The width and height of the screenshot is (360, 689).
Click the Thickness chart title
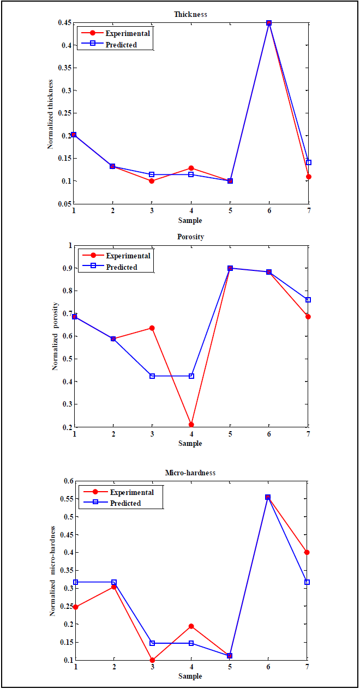click(x=190, y=14)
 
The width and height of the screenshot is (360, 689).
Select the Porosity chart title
click(x=190, y=237)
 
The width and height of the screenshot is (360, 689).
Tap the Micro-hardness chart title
click(x=190, y=473)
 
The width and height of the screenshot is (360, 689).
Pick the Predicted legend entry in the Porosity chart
click(x=122, y=267)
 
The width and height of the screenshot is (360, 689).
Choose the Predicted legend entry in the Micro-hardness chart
click(x=125, y=503)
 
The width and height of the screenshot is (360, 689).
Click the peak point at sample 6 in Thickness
click(x=269, y=23)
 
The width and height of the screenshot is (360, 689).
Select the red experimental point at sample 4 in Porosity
click(x=191, y=425)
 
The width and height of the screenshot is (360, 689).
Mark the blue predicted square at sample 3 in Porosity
click(x=152, y=376)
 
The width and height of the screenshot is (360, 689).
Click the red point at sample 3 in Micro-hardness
click(x=152, y=660)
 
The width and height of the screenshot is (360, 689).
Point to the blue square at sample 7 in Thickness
click(x=309, y=162)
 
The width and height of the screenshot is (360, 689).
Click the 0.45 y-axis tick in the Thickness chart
click(x=64, y=23)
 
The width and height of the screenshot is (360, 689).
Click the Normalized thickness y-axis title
click(x=50, y=113)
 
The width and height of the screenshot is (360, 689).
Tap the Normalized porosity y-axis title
click(x=55, y=336)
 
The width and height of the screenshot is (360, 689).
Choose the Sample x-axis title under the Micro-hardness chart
click(x=190, y=676)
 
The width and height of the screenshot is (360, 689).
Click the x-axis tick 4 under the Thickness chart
click(x=191, y=211)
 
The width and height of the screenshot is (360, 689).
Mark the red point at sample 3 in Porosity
click(x=152, y=328)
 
